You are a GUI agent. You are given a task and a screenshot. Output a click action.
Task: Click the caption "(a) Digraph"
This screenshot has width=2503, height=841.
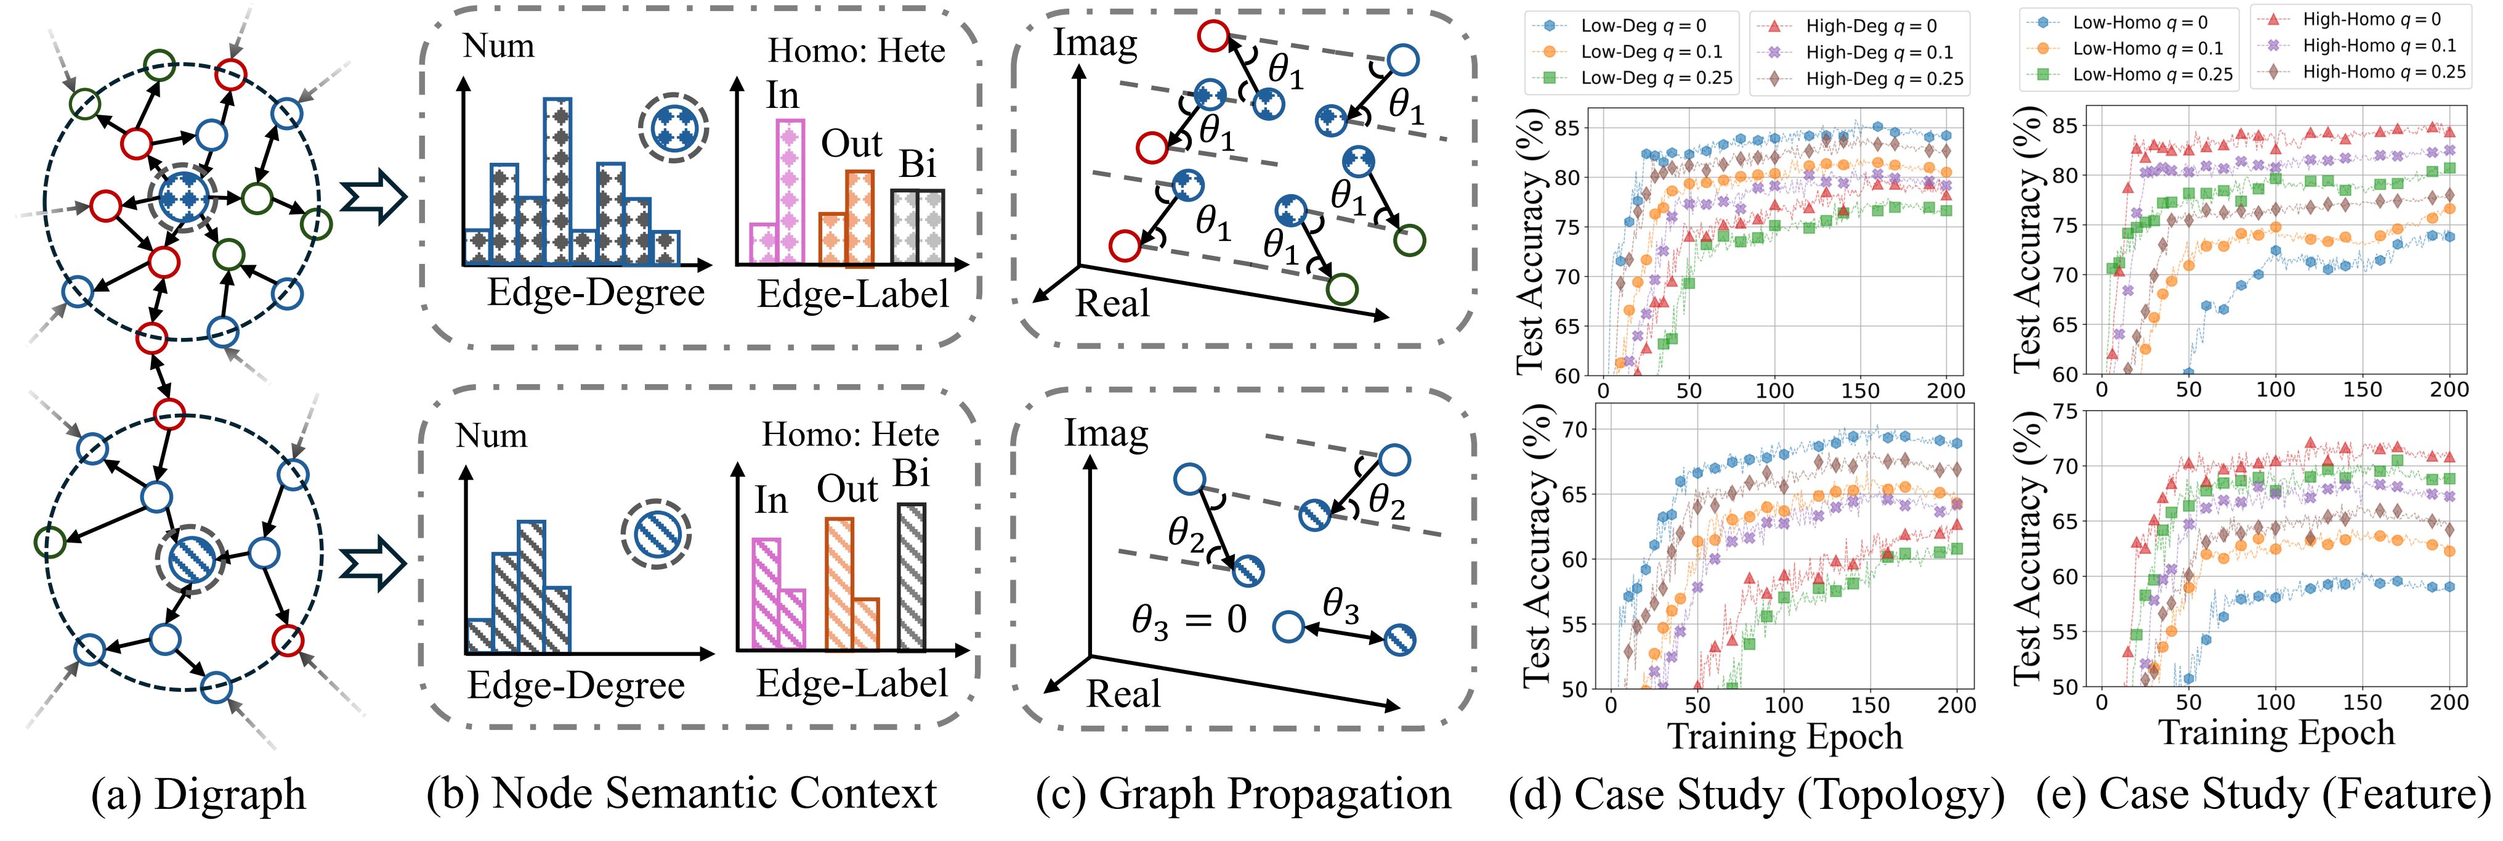(198, 794)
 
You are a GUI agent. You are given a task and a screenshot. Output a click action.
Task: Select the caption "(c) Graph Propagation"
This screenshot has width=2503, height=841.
(1243, 794)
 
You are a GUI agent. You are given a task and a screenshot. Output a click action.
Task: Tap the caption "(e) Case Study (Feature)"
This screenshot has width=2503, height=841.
(2264, 794)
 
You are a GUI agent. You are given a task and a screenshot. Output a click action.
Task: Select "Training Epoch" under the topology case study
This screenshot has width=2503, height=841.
(1784, 736)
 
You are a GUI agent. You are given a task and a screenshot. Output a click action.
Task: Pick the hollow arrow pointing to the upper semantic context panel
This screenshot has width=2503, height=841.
(372, 200)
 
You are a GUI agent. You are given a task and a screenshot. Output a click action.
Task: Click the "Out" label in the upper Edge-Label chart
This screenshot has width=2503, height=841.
(851, 144)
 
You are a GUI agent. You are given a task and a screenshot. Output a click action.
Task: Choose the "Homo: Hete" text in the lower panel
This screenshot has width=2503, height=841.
(850, 435)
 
